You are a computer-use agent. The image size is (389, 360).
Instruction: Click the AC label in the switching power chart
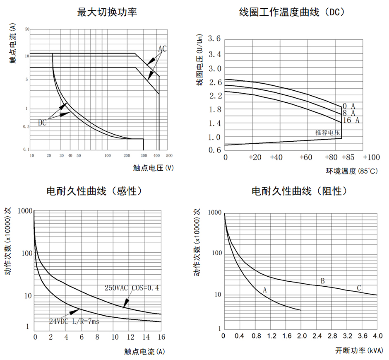(162, 49)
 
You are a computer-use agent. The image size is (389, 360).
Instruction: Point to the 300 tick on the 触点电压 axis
(143, 156)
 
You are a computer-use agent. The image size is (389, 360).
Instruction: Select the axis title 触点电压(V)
(153, 168)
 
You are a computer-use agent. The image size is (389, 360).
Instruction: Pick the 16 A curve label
(351, 120)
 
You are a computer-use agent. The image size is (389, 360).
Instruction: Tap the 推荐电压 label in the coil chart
(327, 133)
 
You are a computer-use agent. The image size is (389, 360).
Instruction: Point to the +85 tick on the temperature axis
(349, 157)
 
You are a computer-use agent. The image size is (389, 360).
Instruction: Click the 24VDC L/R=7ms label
(74, 321)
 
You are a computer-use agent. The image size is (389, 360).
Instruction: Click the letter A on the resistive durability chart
(265, 290)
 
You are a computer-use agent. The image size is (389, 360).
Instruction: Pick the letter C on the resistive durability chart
(359, 288)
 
